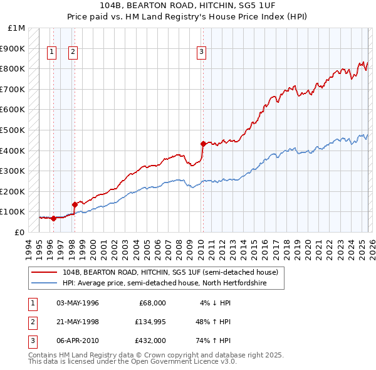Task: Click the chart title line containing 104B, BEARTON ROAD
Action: pyautogui.click(x=187, y=6)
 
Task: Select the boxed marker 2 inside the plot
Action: pyautogui.click(x=73, y=53)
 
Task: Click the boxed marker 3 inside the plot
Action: pyautogui.click(x=202, y=53)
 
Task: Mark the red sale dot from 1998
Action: pyautogui.click(x=75, y=204)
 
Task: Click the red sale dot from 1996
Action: pyautogui.click(x=53, y=218)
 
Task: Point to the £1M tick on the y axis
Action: pyautogui.click(x=17, y=28)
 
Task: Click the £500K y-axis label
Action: pyautogui.click(x=13, y=130)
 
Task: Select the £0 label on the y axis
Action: pyautogui.click(x=19, y=232)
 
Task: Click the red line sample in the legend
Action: pyautogui.click(x=45, y=272)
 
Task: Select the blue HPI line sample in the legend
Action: pyautogui.click(x=45, y=283)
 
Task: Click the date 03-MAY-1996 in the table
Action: pyautogui.click(x=78, y=303)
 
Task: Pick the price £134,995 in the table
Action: pyautogui.click(x=149, y=322)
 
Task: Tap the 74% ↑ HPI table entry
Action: pyautogui.click(x=213, y=341)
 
